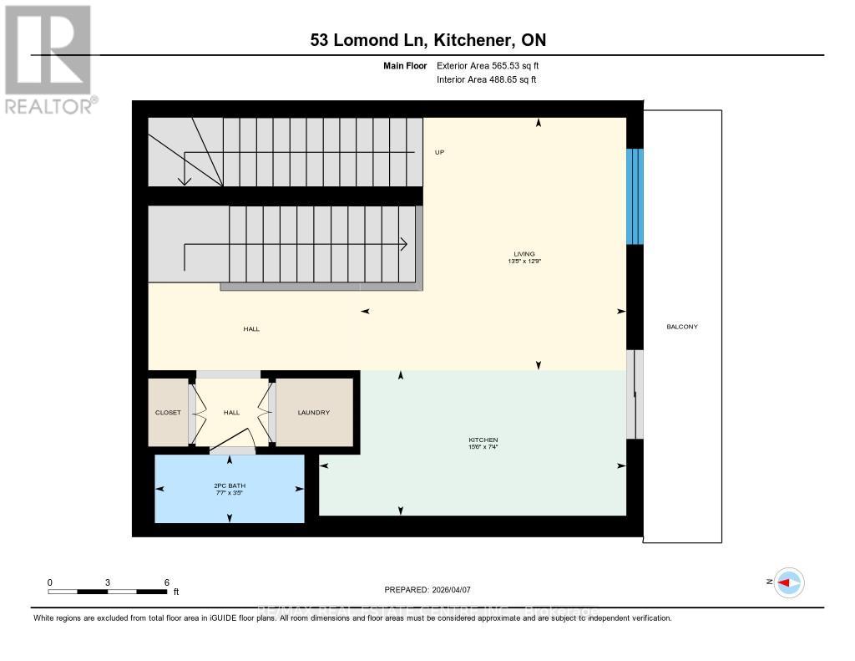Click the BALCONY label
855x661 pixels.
(682, 327)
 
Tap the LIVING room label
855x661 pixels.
(524, 254)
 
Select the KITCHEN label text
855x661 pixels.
(483, 440)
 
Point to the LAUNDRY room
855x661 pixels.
(314, 412)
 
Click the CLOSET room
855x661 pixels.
(168, 412)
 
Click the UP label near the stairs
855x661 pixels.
(439, 152)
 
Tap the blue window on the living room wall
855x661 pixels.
(635, 196)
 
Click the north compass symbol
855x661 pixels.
(787, 582)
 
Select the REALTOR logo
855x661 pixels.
(48, 58)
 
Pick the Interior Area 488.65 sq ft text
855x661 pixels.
(486, 79)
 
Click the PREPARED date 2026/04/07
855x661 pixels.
(433, 589)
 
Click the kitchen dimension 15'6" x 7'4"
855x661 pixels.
(483, 447)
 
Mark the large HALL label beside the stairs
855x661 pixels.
(251, 329)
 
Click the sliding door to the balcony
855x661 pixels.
(636, 393)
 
